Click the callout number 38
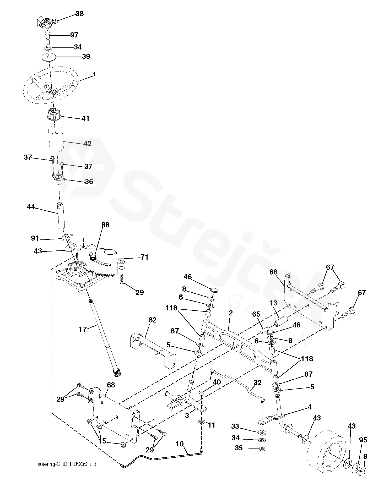click(79, 14)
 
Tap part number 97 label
click(74, 35)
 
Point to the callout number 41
click(85, 119)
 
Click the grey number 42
click(88, 144)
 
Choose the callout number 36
click(89, 182)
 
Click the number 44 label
click(31, 199)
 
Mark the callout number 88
click(105, 225)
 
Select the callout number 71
click(144, 258)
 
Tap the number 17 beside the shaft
click(83, 329)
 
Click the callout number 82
click(152, 320)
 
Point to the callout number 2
click(230, 313)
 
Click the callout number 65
click(256, 314)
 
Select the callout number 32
click(258, 383)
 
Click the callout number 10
click(180, 444)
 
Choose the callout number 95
click(363, 440)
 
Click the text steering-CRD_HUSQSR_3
click(67, 464)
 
